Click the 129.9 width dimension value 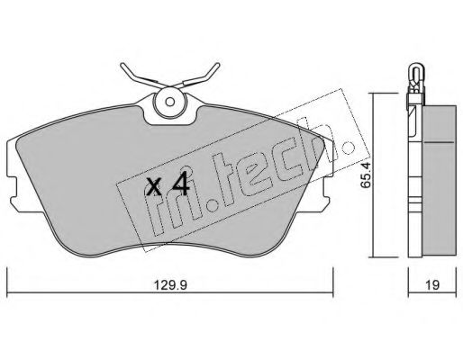tap(170, 284)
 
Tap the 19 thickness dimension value tap(432, 284)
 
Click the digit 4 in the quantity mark tap(181, 184)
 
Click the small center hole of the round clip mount tap(170, 102)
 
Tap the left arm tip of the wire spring tap(122, 65)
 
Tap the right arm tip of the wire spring tap(217, 65)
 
